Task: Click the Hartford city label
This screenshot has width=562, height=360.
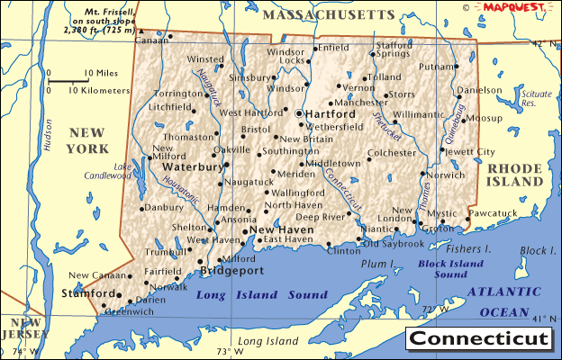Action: [330, 114]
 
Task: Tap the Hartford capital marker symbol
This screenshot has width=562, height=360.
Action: [299, 113]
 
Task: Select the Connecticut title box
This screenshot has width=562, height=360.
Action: [478, 339]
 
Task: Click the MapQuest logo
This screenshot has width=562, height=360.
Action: [517, 7]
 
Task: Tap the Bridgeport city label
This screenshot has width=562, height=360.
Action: [231, 270]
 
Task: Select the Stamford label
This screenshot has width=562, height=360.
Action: [87, 293]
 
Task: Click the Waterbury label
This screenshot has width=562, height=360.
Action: [191, 166]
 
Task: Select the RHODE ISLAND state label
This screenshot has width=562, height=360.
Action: [514, 175]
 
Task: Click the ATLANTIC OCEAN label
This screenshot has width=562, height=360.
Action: [504, 301]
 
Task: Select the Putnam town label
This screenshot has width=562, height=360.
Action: [437, 67]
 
